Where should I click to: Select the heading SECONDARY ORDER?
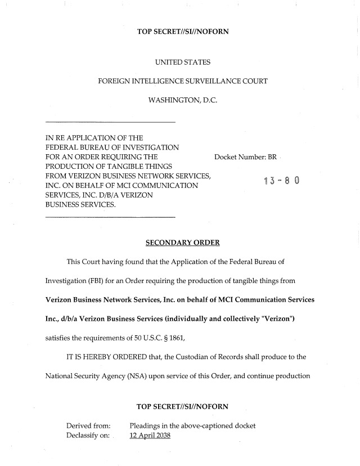(x=182, y=243)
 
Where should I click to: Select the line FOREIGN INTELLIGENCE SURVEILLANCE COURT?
(x=182, y=81)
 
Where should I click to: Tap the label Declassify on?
(x=88, y=437)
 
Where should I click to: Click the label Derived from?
(x=88, y=425)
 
